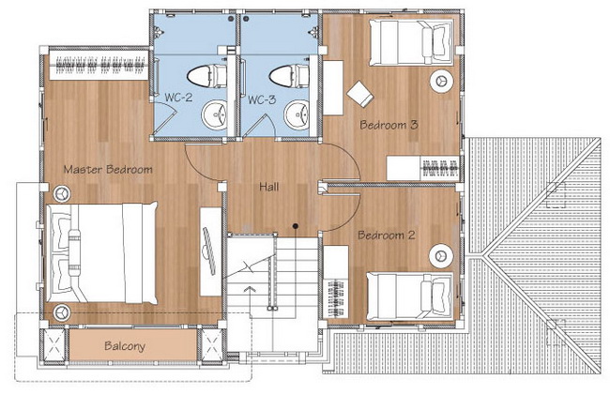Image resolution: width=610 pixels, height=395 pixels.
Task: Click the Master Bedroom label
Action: point(108,170)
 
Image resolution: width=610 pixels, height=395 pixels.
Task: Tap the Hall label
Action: point(268,187)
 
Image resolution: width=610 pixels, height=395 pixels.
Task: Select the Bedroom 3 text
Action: point(389,125)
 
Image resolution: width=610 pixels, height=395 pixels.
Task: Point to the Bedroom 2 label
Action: point(387,235)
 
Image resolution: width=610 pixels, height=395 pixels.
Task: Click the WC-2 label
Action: point(178,98)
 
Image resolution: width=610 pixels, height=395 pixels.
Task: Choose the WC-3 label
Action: point(262,99)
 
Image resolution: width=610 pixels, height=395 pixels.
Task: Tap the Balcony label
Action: point(125,346)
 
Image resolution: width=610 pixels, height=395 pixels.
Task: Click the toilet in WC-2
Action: point(206,76)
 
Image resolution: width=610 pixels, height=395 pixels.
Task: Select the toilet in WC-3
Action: point(290,76)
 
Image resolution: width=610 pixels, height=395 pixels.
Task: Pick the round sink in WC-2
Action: point(214,114)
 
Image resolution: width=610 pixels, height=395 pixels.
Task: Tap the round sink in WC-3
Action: point(297,114)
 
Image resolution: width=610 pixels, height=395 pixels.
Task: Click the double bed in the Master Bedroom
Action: point(102,252)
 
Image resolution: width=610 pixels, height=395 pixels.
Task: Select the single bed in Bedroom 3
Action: point(411,43)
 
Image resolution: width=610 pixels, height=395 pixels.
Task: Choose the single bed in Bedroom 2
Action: point(410,296)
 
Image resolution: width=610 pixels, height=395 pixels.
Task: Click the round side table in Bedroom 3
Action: point(441,82)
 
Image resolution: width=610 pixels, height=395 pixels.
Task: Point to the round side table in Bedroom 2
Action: point(441,256)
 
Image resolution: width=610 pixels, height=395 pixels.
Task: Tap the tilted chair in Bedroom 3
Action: point(360,94)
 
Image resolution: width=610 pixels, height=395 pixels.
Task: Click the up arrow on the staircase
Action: point(250,290)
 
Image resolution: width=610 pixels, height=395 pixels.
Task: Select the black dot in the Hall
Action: point(296,225)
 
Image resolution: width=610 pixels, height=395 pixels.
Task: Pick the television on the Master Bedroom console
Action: point(209,251)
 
